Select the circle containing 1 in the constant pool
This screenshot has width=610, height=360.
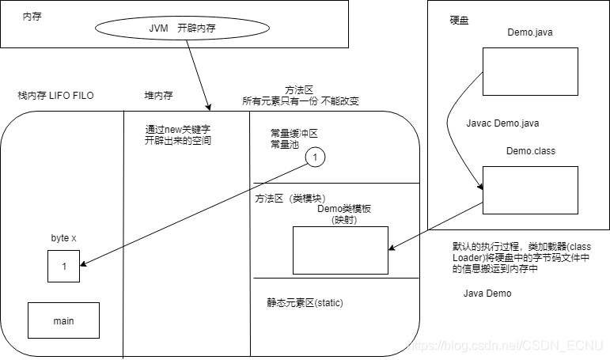click(315, 157)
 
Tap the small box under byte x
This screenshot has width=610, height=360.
click(64, 267)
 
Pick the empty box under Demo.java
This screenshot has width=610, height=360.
click(530, 71)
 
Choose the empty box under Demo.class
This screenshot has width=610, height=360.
click(530, 190)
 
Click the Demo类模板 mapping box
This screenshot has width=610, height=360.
click(340, 251)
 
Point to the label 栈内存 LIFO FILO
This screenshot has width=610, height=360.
click(55, 96)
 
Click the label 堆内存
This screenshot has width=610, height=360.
click(158, 96)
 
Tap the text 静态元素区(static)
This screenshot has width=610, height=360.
click(305, 303)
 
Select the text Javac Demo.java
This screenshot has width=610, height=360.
click(503, 124)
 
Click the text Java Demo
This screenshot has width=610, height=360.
click(487, 294)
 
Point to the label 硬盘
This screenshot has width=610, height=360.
click(459, 20)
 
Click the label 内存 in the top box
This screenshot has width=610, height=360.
click(32, 15)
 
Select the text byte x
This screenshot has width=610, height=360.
click(63, 237)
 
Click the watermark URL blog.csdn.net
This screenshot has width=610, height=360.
click(506, 346)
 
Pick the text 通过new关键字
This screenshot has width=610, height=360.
click(178, 129)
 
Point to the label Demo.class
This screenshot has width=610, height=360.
click(530, 150)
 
